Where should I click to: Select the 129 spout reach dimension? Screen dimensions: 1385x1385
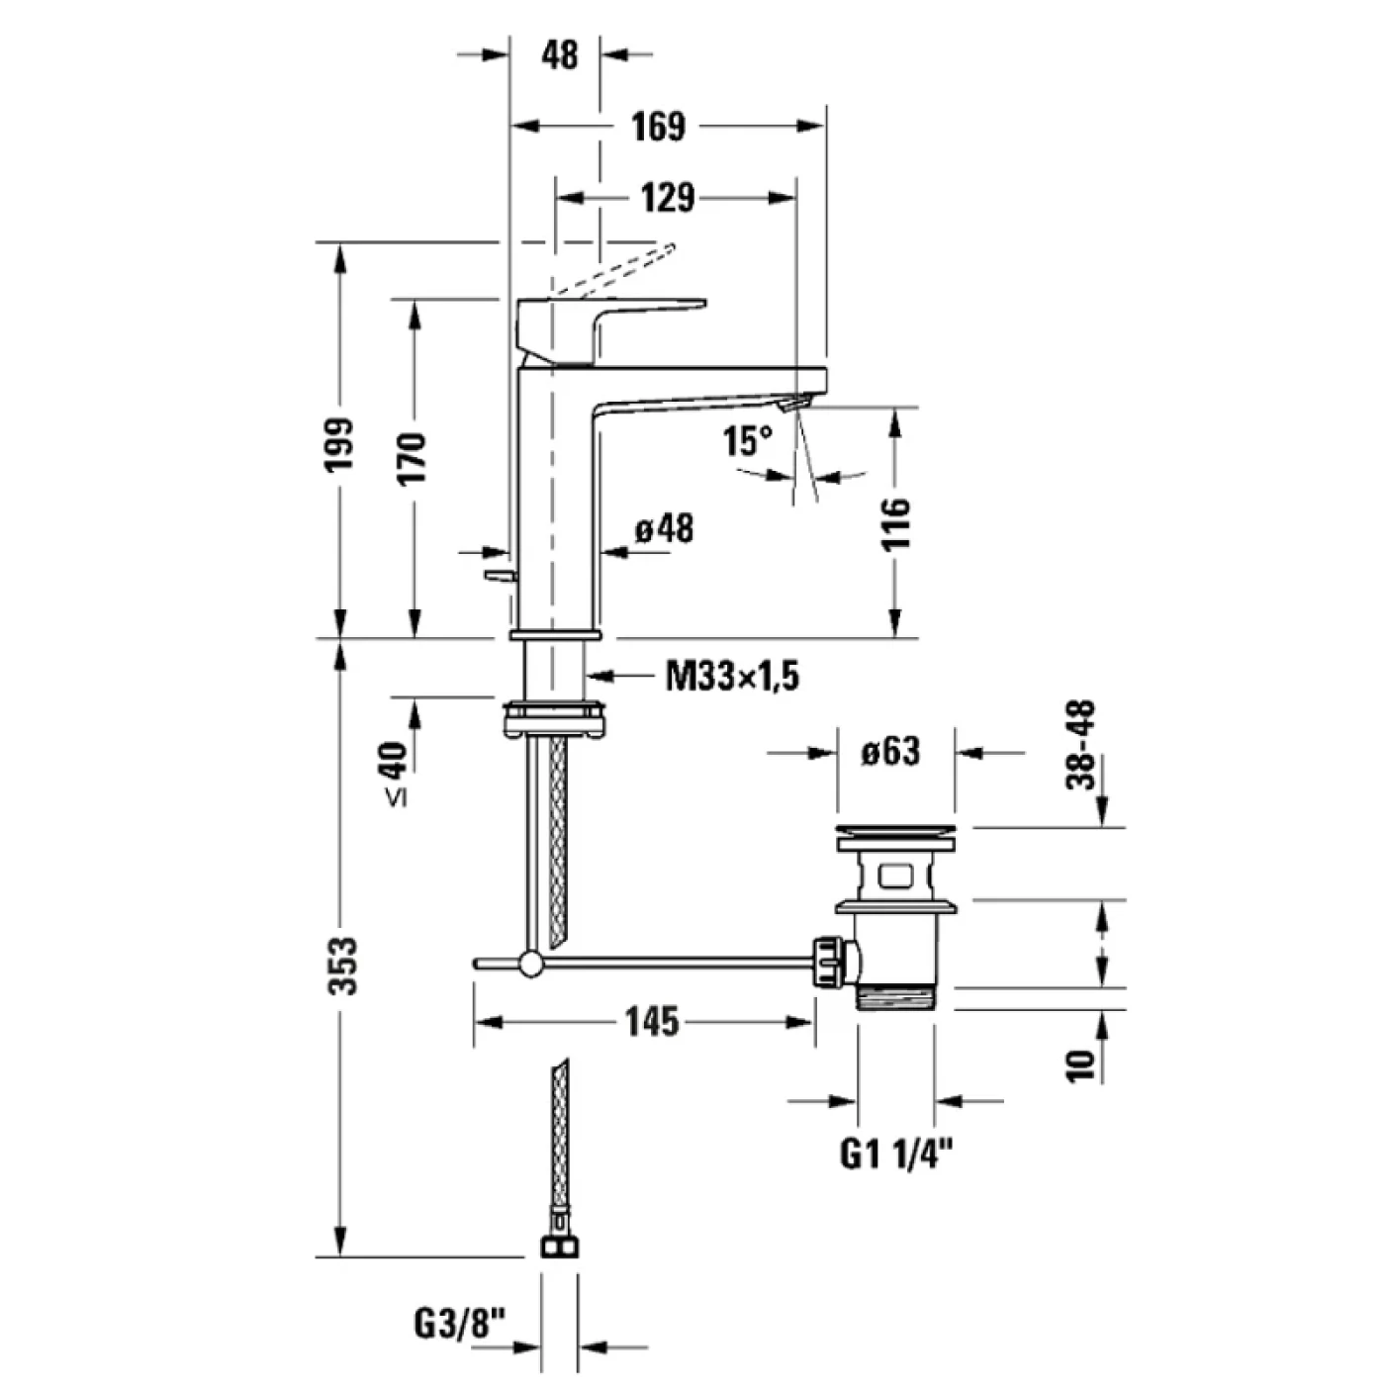668,198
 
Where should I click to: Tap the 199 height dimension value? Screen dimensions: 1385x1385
340,442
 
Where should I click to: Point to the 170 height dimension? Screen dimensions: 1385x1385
413,457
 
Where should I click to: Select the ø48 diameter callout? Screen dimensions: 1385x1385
664,528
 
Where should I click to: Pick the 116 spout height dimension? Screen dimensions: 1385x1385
894,524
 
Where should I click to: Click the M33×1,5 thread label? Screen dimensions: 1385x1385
732,677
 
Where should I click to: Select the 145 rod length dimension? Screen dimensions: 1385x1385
653,1021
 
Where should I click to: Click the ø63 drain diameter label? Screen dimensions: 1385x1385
889,752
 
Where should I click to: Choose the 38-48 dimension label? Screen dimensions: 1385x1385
1083,744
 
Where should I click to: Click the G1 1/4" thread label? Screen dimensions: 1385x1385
897,1153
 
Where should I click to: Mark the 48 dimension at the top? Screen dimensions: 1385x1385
560,54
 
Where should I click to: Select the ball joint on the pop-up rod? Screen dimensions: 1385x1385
531,963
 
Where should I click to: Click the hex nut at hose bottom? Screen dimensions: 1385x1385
559,1245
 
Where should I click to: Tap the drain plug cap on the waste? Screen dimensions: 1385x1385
896,834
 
